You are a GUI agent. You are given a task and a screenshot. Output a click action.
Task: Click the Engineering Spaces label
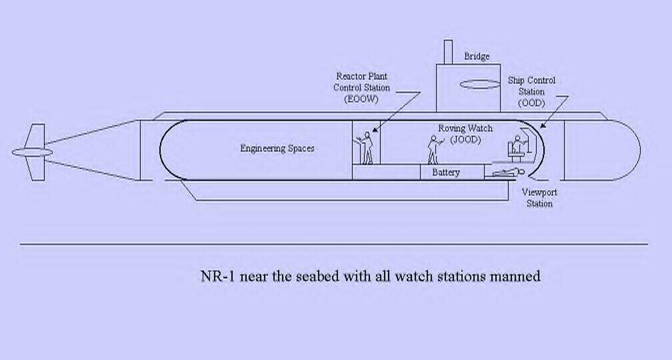(x=277, y=148)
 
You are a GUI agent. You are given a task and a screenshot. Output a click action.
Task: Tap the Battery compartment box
(x=446, y=172)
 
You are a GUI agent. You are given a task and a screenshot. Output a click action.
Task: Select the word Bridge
(x=476, y=57)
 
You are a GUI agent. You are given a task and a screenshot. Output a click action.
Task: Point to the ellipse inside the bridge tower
(x=480, y=85)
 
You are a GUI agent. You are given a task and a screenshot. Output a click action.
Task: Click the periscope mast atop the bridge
(x=448, y=51)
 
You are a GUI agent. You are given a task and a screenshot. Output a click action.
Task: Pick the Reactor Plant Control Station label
(x=361, y=82)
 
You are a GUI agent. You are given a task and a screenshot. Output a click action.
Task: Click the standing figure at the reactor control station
(x=366, y=148)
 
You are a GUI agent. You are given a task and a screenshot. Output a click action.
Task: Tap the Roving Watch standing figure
(x=433, y=149)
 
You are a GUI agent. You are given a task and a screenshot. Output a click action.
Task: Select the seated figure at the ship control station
(x=515, y=147)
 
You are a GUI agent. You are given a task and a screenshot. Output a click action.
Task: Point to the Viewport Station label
(x=539, y=198)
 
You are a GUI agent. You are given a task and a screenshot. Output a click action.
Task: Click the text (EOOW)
(x=361, y=99)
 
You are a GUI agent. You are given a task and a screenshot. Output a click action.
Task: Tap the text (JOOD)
(x=465, y=140)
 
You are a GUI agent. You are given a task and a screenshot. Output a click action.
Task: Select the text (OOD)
(x=531, y=103)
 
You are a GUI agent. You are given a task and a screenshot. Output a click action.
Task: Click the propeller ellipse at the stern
(x=32, y=152)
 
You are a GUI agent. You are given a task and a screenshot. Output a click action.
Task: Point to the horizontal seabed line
(x=333, y=244)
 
